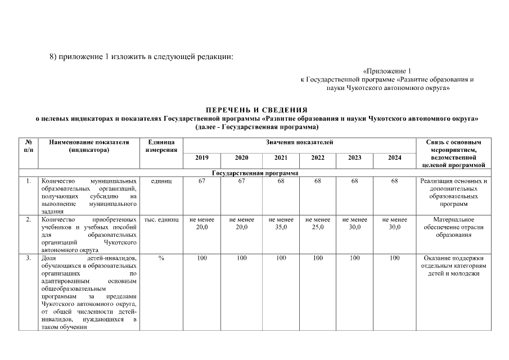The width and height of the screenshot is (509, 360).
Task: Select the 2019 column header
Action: click(x=201, y=158)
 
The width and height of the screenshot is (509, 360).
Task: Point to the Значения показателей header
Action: click(x=299, y=142)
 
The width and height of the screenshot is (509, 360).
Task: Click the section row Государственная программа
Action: click(x=255, y=173)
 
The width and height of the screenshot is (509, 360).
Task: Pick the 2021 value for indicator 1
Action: click(x=281, y=181)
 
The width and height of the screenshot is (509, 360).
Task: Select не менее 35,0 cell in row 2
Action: click(x=281, y=223)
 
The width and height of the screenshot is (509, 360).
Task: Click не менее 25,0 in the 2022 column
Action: click(x=318, y=223)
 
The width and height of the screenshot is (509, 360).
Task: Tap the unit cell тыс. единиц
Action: click(x=161, y=219)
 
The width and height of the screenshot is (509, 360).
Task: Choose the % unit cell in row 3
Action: click(x=161, y=258)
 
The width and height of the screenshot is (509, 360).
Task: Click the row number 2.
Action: click(x=27, y=219)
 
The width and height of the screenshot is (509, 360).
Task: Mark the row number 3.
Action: click(x=27, y=258)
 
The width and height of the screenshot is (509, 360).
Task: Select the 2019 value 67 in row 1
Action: click(x=201, y=181)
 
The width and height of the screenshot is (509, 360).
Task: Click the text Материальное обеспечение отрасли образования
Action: click(x=453, y=227)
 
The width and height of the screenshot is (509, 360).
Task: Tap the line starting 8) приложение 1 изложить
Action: click(x=141, y=57)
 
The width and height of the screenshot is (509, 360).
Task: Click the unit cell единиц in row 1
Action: click(x=161, y=181)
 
